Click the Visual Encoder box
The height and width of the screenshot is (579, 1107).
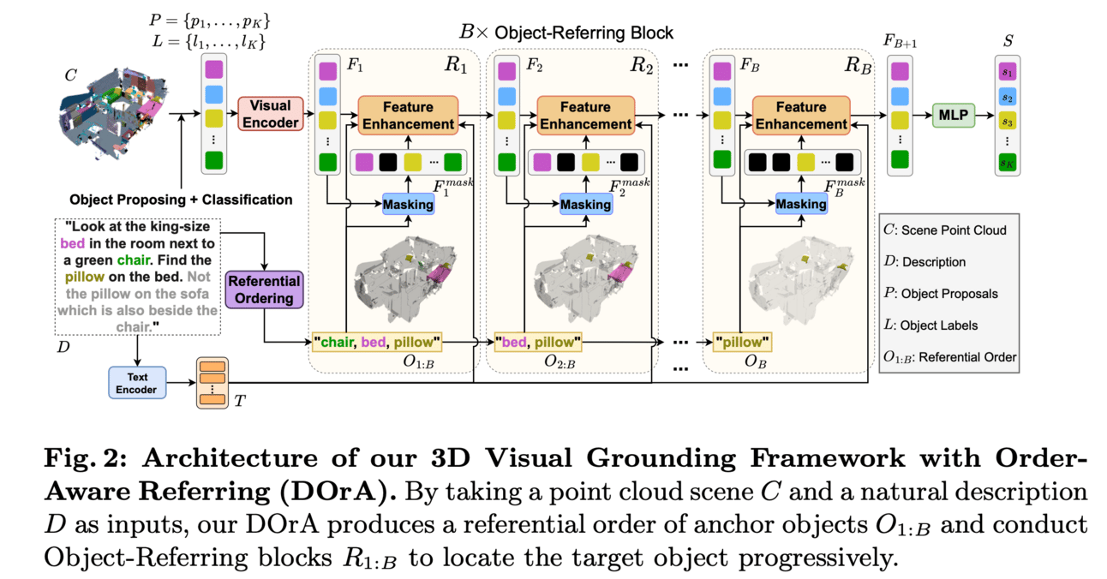pos(270,115)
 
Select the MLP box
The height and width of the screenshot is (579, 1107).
pos(954,115)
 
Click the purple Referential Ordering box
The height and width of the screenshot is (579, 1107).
pos(263,289)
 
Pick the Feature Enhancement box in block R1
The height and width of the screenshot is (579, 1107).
pos(407,115)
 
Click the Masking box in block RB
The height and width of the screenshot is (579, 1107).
pos(800,204)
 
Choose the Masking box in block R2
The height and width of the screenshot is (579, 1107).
pos(585,204)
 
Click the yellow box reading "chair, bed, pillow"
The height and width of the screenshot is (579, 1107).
pos(378,343)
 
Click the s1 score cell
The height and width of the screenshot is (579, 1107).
pos(1006,71)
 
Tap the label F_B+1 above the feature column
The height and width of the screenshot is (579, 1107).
pos(901,41)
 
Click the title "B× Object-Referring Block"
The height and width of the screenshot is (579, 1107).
pos(566,33)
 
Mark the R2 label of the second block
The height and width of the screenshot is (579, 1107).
pos(642,65)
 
